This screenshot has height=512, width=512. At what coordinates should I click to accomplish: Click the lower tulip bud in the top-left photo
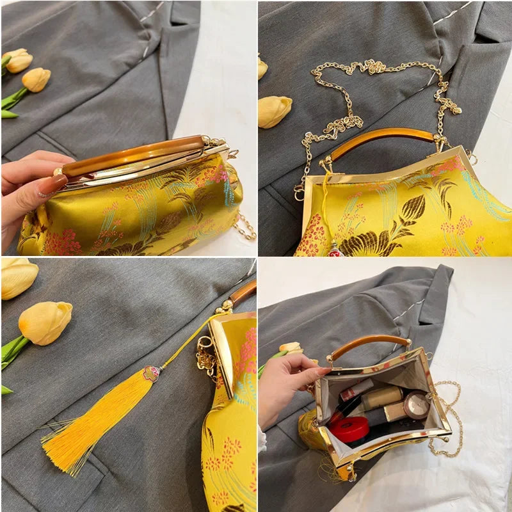click(36, 79)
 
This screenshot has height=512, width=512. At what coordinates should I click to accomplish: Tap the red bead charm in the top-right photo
click(335, 251)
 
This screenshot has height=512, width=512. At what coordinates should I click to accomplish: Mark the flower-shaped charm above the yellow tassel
click(151, 374)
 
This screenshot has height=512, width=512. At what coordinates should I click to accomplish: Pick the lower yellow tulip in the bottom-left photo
click(45, 323)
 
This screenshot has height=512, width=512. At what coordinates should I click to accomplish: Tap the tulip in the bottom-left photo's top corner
click(17, 277)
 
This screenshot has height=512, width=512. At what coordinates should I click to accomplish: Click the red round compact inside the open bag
click(349, 429)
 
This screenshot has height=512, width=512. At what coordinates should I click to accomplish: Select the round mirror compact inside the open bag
click(417, 405)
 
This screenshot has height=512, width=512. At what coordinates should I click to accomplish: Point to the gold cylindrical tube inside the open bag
click(382, 397)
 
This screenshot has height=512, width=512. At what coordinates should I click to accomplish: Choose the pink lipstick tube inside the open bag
click(356, 389)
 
